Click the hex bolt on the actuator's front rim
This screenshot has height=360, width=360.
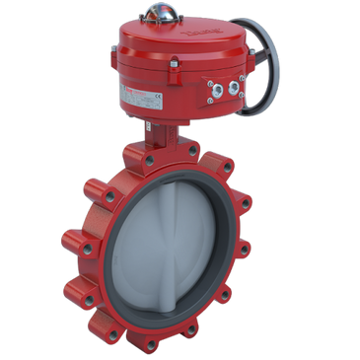(x=173, y=65)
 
